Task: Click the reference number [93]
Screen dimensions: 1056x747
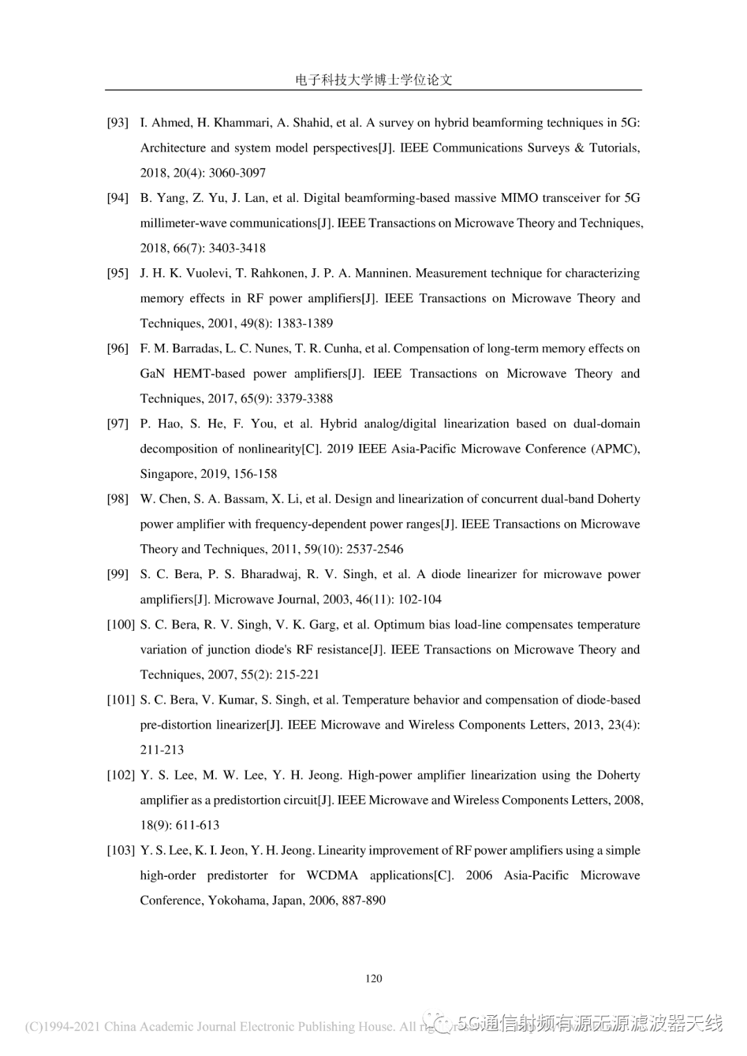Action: click(118, 123)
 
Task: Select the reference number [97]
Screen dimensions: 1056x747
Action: click(118, 424)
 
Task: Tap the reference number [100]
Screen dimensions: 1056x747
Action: click(120, 625)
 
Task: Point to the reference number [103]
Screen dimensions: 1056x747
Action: click(120, 851)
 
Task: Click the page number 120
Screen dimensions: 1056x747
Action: click(373, 979)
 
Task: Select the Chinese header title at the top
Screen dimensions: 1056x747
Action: click(373, 80)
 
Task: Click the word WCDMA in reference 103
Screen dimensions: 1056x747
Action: click(332, 876)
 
